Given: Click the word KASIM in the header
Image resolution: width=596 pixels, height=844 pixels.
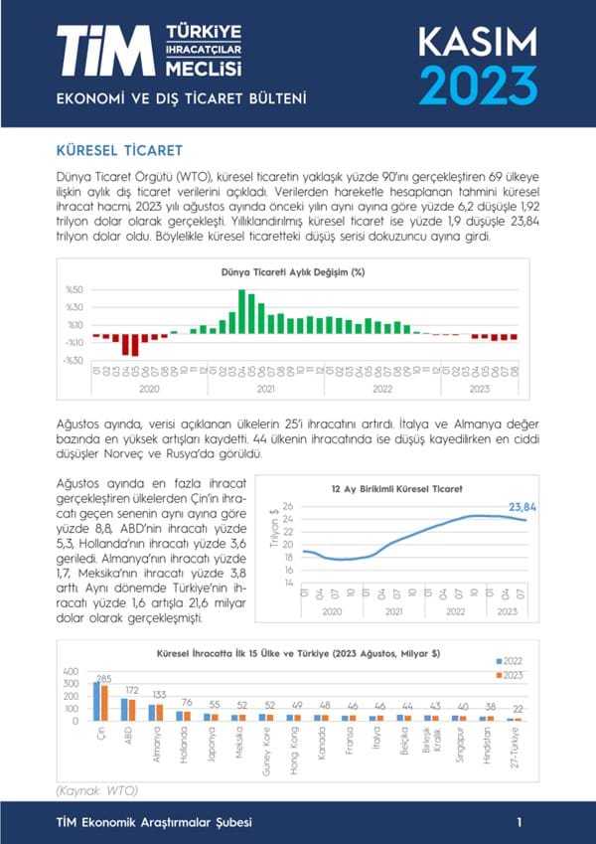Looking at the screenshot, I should (x=477, y=42).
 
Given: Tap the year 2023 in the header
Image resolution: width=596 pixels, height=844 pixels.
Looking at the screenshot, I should (x=478, y=84).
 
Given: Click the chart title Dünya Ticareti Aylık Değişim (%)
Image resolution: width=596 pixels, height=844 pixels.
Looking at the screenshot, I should (x=292, y=270).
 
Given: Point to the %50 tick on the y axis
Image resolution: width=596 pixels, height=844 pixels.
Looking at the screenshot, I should (x=74, y=290).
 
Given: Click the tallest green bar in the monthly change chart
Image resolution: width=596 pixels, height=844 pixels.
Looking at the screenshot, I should (x=241, y=311).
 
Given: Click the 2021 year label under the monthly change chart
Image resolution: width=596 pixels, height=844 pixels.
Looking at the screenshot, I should (x=265, y=389).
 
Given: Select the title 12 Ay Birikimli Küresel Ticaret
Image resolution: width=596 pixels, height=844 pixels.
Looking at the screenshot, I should (x=396, y=488).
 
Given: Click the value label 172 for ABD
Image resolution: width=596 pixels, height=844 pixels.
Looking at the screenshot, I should (x=130, y=690).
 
